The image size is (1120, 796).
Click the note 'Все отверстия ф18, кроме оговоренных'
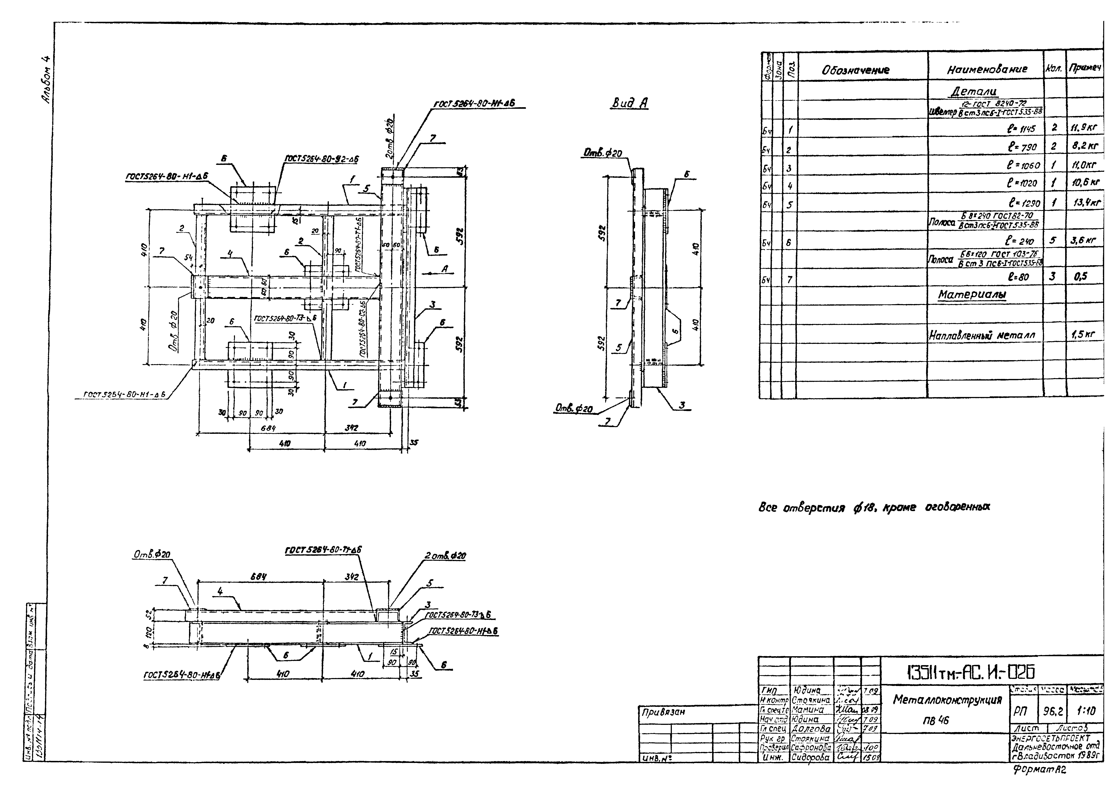pyautogui.click(x=873, y=508)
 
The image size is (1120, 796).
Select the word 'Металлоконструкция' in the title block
pyautogui.click(x=947, y=700)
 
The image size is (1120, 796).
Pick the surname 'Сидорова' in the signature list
pyautogui.click(x=811, y=757)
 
